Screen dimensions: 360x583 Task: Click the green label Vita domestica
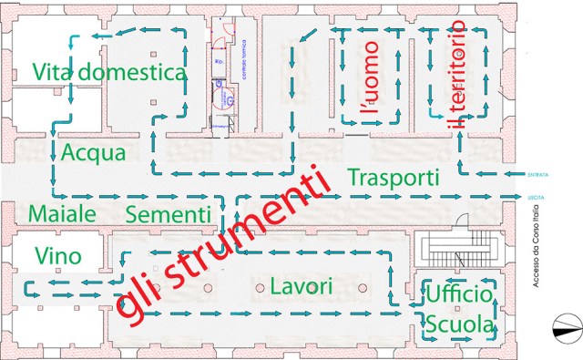tap(108, 72)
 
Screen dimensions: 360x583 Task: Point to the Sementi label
tap(169, 214)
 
